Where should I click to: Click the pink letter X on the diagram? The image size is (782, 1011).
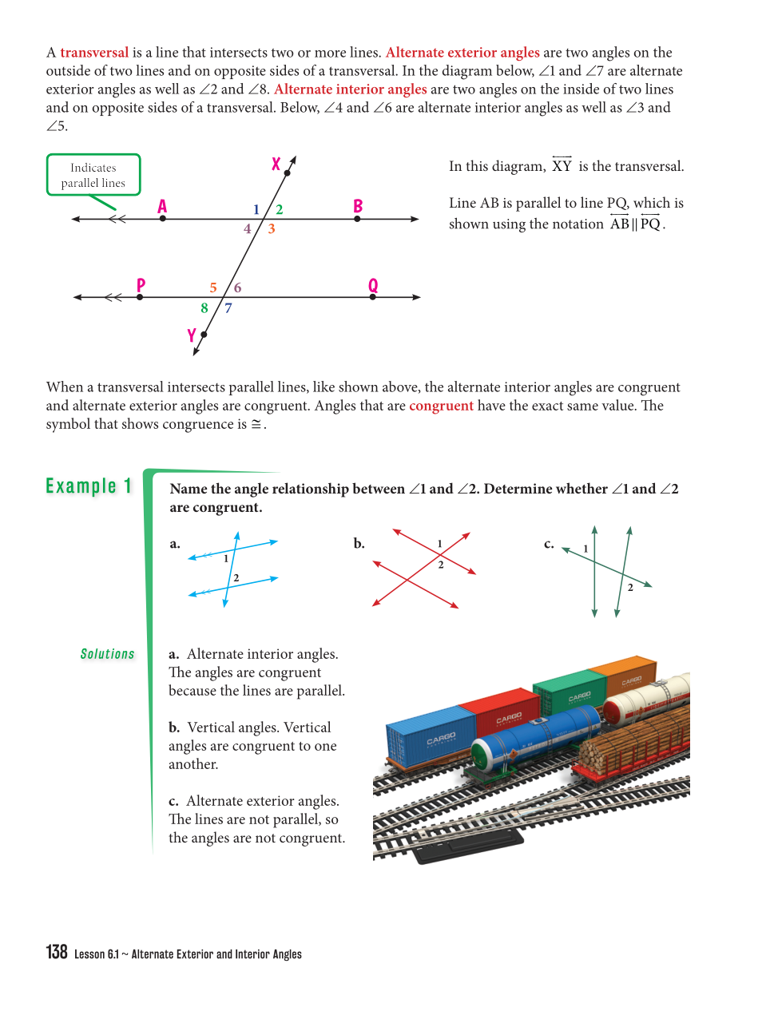276,164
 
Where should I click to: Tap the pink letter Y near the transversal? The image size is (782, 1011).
192,335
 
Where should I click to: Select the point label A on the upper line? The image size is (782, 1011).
162,207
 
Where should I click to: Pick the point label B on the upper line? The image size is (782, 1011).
358,206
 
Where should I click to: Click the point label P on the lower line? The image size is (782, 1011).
141,285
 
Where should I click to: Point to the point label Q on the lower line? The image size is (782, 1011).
373,285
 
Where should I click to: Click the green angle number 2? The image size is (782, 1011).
280,210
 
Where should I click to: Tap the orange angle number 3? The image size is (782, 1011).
272,229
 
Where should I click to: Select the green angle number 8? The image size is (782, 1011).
204,308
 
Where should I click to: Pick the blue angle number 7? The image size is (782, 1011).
228,308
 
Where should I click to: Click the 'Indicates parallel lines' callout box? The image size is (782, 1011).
93,175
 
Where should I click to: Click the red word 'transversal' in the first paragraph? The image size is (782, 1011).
94,53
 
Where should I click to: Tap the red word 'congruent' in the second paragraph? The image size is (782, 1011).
441,406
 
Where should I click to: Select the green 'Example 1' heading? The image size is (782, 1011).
89,486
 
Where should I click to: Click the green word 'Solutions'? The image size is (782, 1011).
107,654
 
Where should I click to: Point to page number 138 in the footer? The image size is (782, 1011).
57,952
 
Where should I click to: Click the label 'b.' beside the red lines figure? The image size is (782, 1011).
359,544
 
